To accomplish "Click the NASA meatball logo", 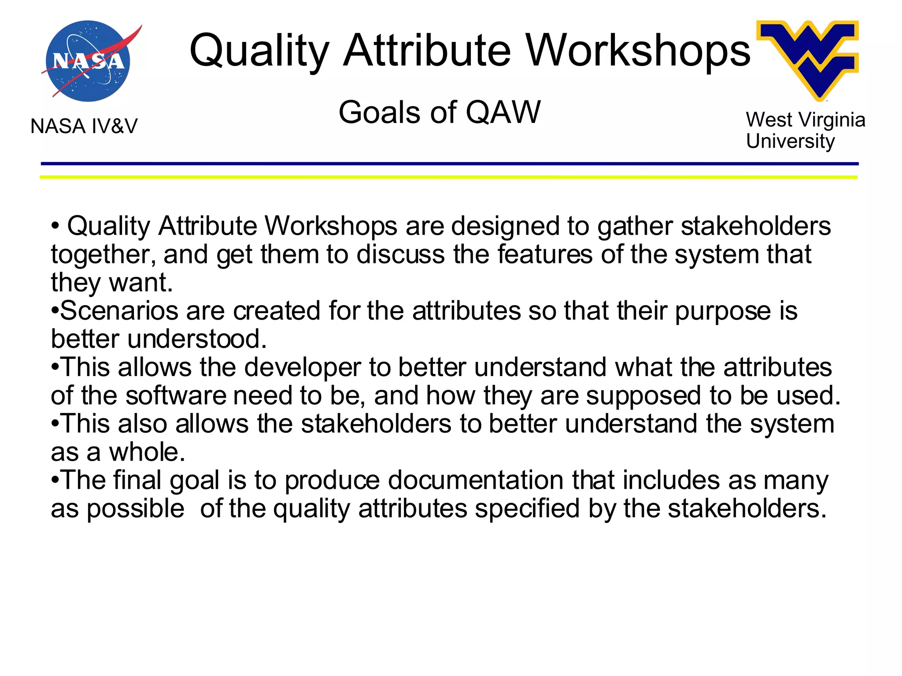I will (88, 61).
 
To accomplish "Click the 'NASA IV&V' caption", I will (84, 126).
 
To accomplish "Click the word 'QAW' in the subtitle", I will (503, 112).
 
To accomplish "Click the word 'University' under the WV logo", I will (790, 141).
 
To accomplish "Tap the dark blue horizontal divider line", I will (449, 164).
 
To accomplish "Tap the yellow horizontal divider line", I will (449, 177).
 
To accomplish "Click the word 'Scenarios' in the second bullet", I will (119, 310).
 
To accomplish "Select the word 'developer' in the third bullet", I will (302, 368).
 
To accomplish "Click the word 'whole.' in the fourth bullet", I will (147, 452).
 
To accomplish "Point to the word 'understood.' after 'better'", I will (197, 339).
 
